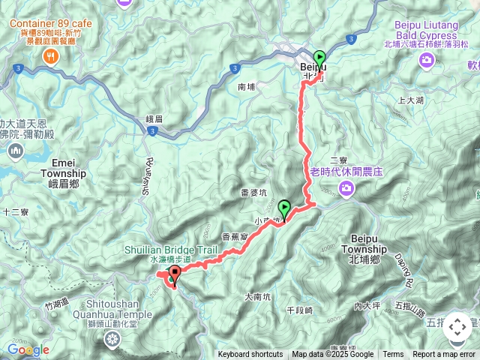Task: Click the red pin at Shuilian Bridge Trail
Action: point(175,274)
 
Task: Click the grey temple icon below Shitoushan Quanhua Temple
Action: point(112,340)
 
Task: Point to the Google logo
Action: point(28,349)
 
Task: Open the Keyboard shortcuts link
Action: point(250,355)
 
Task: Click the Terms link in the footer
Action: point(393,355)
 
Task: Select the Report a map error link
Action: point(444,355)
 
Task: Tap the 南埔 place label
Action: point(247,87)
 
